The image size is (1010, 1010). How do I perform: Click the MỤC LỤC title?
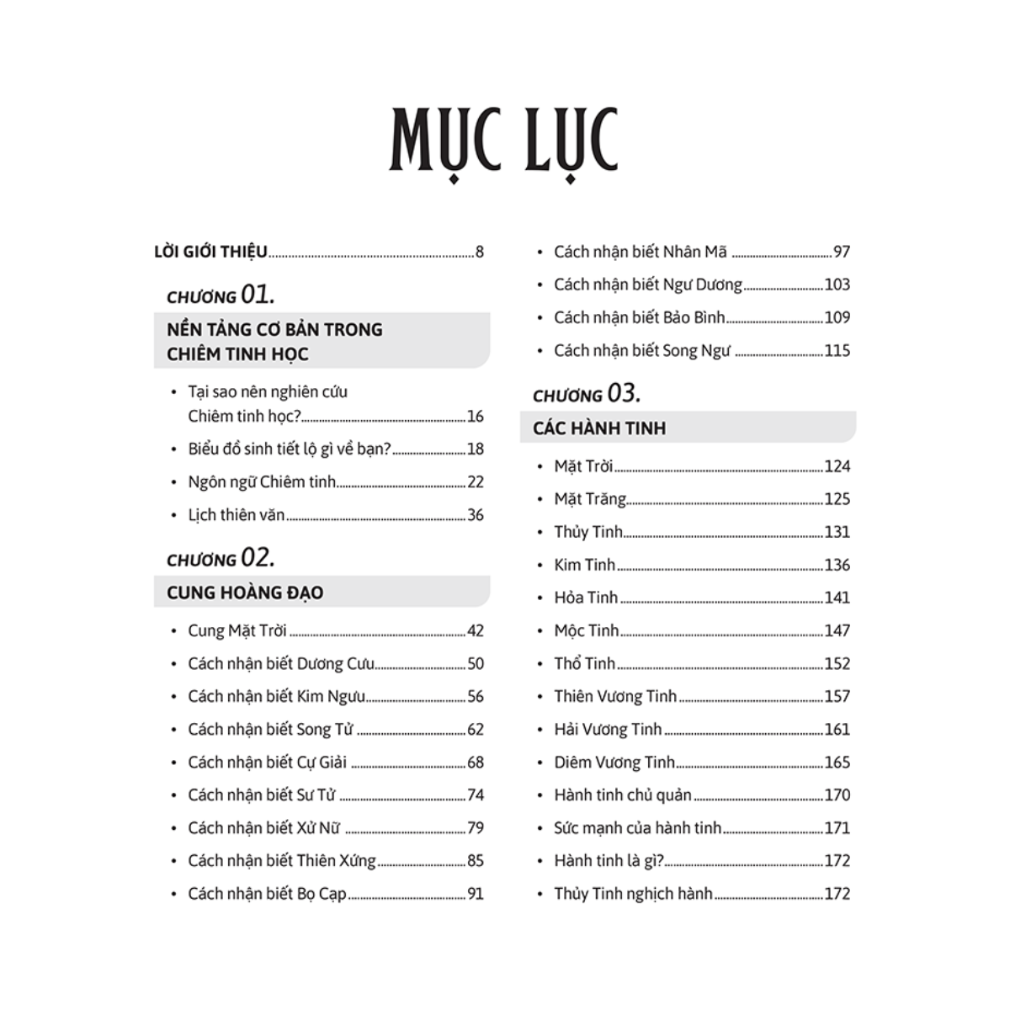click(503, 141)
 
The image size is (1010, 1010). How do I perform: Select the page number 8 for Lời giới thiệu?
click(480, 252)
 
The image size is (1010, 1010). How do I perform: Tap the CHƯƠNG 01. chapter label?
click(221, 295)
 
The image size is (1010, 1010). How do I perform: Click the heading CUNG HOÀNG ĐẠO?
click(245, 593)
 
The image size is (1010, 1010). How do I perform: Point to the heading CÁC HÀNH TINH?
click(599, 428)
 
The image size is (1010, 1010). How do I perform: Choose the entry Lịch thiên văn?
click(237, 515)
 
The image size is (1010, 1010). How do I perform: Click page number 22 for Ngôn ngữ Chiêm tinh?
click(476, 482)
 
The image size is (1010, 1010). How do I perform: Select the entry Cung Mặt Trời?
click(237, 630)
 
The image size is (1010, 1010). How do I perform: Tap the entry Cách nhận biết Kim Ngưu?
click(277, 696)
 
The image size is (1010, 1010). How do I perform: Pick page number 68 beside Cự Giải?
click(476, 763)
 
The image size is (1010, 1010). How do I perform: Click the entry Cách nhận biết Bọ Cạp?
click(267, 894)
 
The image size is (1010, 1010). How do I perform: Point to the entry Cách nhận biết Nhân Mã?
click(641, 252)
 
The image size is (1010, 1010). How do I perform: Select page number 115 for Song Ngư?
click(837, 351)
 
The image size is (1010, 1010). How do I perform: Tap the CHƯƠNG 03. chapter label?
click(587, 393)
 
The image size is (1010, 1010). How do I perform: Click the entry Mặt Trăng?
click(590, 499)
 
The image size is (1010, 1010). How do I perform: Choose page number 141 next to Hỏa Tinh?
click(837, 598)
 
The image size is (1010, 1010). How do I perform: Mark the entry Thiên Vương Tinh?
click(615, 696)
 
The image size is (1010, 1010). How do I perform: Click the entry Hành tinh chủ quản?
click(623, 795)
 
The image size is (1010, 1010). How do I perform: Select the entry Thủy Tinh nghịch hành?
click(633, 894)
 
